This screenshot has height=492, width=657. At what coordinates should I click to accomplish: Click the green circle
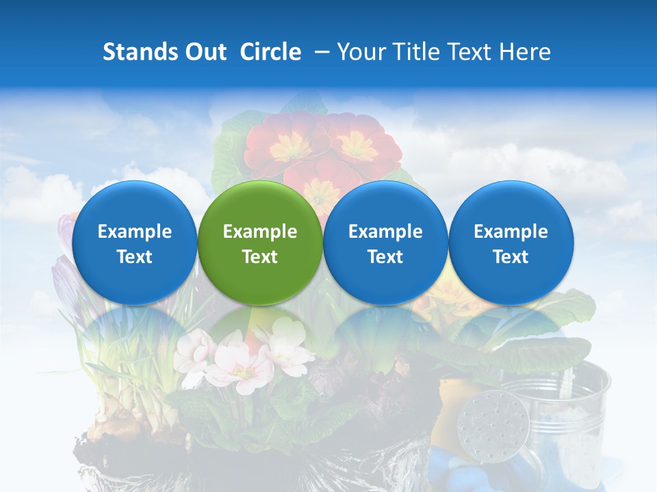coord(259,243)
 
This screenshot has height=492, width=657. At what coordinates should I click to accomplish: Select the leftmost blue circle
coord(134,243)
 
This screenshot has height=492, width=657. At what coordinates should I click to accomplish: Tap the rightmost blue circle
coord(511,243)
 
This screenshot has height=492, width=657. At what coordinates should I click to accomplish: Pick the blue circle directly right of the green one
coord(385,243)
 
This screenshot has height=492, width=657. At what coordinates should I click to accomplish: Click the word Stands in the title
coord(140,52)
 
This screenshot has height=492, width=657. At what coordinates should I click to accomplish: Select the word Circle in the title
coord(270,52)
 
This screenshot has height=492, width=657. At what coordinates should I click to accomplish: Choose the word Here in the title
coord(525,52)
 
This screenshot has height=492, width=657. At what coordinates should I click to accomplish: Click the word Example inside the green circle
coord(260,232)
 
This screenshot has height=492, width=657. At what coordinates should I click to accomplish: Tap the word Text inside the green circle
coord(260,257)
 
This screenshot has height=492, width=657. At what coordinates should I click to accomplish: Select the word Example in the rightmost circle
coord(511,232)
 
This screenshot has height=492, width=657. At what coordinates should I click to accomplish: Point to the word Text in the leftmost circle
coord(134,257)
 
